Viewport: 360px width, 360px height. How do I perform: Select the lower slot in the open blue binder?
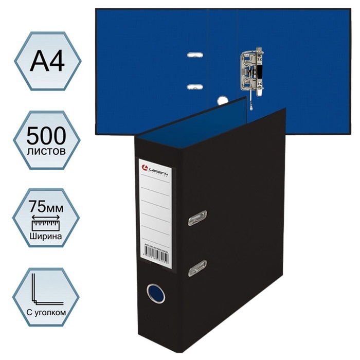coord(194,86)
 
